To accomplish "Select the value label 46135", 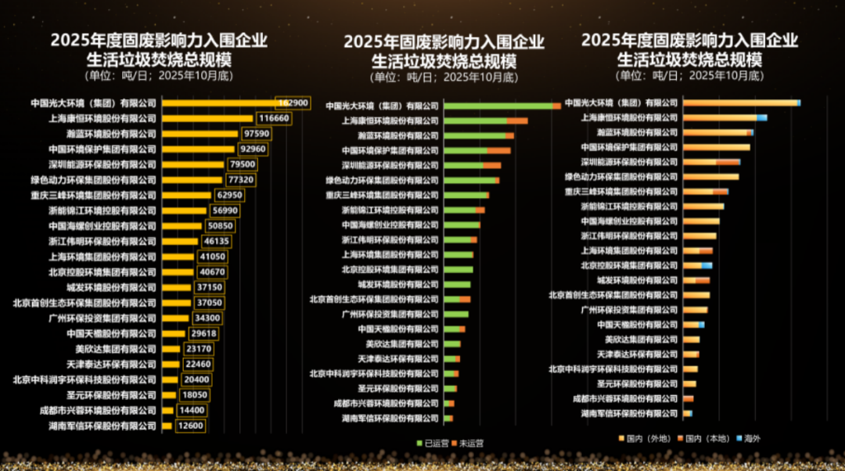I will point(216,242).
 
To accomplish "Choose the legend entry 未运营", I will point(468,443).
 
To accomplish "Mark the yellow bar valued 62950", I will point(186,195).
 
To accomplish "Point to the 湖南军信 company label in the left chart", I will point(113,426).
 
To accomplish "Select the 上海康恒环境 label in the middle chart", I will point(390,120).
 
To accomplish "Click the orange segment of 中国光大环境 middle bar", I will point(556,106).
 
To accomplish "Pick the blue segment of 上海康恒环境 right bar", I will point(762,117).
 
